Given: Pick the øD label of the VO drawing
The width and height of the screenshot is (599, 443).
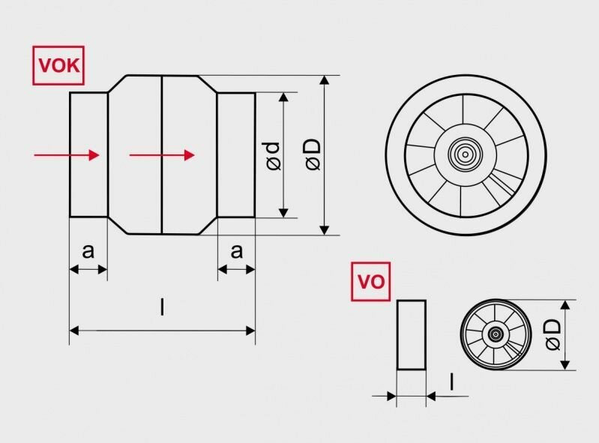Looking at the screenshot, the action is pos(553,334).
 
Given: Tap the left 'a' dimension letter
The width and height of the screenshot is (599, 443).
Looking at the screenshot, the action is pos(88,252).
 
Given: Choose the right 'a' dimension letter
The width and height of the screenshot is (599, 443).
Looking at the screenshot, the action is pos(237,252).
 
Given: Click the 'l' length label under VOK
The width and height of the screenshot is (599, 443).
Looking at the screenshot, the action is pos(162,307).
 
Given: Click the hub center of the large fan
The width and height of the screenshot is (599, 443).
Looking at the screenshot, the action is pos(465,155).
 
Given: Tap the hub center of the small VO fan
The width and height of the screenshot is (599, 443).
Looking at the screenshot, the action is pos(496,334).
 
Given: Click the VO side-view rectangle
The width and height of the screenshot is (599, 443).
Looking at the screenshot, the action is pos(411,334).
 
